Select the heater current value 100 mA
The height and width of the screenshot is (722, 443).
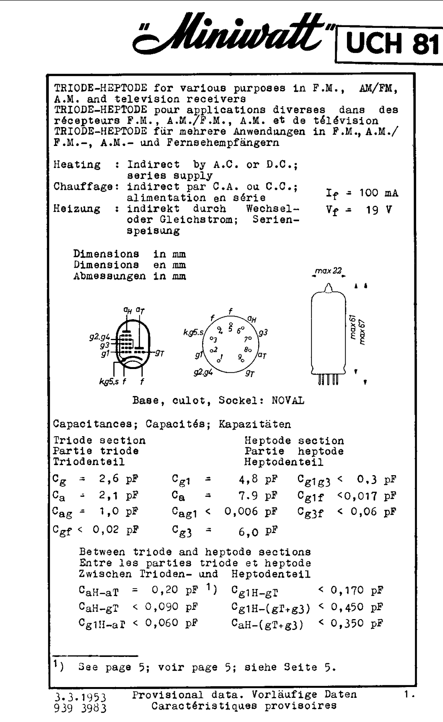point(378,193)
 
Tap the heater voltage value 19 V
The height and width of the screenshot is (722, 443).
point(378,210)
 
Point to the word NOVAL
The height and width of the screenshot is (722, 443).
point(288,401)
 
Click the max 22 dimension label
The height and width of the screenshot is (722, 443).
point(328,271)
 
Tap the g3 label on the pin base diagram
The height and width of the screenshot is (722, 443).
point(263,333)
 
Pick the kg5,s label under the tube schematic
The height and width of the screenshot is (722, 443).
point(109,382)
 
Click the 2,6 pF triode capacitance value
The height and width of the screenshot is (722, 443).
point(118,479)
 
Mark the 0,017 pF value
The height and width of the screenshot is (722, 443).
point(373,495)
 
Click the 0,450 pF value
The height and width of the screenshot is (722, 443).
point(356,607)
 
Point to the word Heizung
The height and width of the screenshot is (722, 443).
point(76,209)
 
